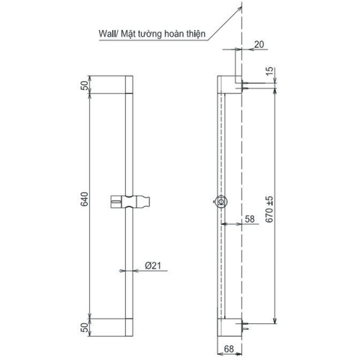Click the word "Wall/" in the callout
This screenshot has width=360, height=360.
pos(110,34)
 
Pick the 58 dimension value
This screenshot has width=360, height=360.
pos(249,220)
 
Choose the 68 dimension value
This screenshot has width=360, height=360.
pos(229,348)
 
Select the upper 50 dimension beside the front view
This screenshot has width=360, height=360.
pos(84,84)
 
